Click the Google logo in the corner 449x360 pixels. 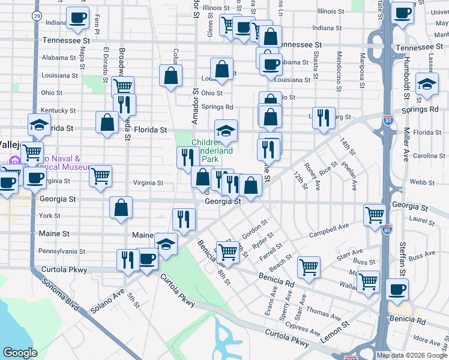point(20,353)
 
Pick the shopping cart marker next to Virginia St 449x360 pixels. point(101,176)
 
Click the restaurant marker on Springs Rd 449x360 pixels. point(325,118)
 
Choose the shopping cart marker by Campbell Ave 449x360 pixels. point(375,214)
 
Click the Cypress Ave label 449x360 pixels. point(303,329)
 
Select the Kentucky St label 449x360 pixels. point(58,111)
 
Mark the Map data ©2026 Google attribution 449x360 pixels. point(411,355)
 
